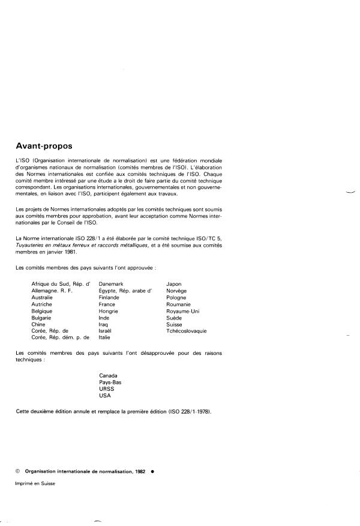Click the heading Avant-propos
click(50, 144)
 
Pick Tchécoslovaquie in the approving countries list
click(187, 331)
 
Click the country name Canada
click(109, 375)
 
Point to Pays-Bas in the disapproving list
click(110, 382)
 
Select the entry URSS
click(106, 388)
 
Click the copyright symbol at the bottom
click(18, 471)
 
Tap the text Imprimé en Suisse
click(35, 484)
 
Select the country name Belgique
click(43, 311)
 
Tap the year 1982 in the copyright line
click(140, 471)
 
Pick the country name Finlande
click(109, 297)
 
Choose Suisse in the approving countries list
click(175, 324)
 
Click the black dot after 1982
click(153, 471)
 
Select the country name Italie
click(106, 337)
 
